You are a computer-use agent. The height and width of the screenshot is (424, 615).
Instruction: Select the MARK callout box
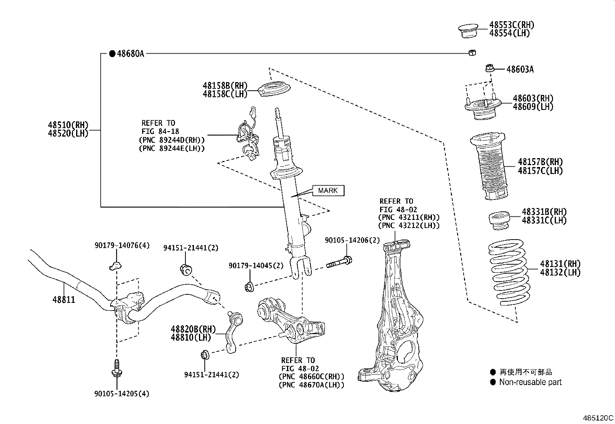click(328, 190)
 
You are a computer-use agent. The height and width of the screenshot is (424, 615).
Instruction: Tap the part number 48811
click(64, 300)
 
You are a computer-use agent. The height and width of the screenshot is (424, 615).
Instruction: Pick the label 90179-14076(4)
click(122, 245)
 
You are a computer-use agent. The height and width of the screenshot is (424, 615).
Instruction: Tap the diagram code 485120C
click(598, 417)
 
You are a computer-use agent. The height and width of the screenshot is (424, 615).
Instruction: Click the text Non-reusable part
click(530, 382)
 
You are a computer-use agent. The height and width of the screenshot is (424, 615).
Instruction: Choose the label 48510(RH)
click(68, 125)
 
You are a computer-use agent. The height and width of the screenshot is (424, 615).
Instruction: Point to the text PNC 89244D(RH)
click(172, 140)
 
